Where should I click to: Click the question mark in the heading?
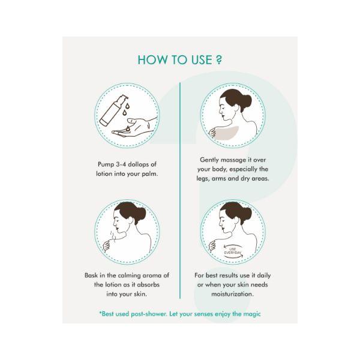point(219,59)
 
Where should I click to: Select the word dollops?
point(139,164)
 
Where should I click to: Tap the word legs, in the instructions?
point(203,179)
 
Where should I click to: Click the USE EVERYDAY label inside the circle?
point(233,251)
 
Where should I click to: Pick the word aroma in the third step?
point(152,275)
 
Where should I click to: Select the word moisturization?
point(232,294)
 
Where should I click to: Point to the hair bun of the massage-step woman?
point(245,101)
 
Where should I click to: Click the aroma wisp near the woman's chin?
point(113,235)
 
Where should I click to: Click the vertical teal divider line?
point(180,191)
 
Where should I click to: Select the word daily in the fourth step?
point(264,275)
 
